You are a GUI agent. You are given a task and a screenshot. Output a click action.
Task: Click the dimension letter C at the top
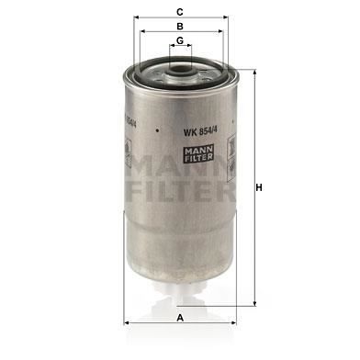click(x=180, y=12)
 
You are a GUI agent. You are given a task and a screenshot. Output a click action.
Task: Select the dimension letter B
click(x=180, y=27)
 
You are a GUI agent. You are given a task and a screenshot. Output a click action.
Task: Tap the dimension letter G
click(x=180, y=40)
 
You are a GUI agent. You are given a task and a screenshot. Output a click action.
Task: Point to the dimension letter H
click(x=259, y=187)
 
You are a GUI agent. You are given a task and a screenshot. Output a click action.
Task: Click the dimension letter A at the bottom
click(x=180, y=318)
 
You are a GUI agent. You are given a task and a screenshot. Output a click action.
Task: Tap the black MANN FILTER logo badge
click(x=198, y=153)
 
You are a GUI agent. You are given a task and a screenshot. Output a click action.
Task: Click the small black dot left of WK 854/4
click(x=157, y=130)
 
